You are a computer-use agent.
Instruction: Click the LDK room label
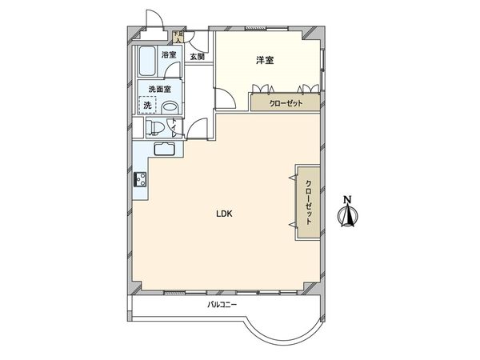(223, 214)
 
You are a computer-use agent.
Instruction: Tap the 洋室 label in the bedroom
(266, 60)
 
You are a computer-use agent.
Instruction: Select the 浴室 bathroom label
(169, 55)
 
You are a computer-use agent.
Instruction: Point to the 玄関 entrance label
(197, 57)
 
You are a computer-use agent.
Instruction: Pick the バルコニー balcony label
(222, 306)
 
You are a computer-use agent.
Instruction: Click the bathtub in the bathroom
(148, 61)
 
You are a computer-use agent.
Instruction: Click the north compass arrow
(347, 214)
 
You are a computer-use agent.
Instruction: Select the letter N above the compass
(347, 198)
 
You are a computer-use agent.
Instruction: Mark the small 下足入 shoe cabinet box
(179, 37)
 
